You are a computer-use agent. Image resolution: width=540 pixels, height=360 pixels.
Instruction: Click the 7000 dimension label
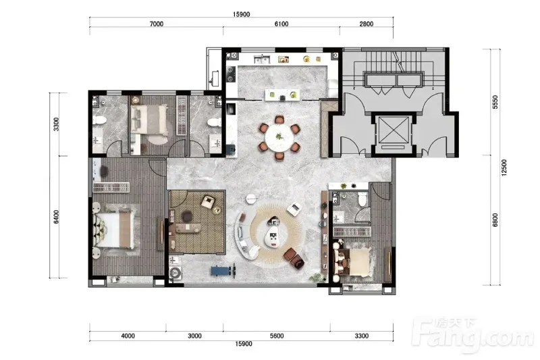pos(157,24)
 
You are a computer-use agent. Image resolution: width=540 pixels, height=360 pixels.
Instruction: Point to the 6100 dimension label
pos(281,24)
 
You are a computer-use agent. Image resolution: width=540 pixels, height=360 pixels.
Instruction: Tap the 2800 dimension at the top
pos(366,24)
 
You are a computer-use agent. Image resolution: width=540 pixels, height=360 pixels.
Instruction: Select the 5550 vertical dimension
pos(495,102)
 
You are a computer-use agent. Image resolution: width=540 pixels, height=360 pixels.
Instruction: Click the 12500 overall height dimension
pos(504,168)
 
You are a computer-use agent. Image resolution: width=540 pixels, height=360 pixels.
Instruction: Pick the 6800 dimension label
pos(495,220)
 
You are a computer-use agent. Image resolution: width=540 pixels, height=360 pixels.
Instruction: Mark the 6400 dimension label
pos(57,217)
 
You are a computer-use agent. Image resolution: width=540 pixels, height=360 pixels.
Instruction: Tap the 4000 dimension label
pos(128,336)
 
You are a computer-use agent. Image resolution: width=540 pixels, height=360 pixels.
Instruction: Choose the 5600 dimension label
pos(277,336)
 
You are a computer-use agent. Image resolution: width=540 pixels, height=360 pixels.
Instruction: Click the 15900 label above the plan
pos(241,14)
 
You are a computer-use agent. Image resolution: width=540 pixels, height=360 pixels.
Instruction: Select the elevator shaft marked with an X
pos(393,130)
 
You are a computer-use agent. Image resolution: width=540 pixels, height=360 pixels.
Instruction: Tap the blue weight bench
pos(223,269)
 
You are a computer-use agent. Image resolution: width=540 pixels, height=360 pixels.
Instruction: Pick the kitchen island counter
pos(282,95)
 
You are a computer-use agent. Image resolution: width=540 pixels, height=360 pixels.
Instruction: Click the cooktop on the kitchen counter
pos(230,74)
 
